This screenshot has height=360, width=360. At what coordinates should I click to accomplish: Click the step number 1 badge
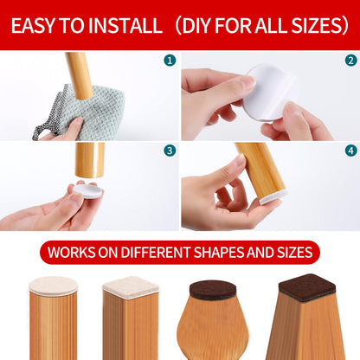[170, 61]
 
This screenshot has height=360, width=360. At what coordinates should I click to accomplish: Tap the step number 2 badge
[350, 61]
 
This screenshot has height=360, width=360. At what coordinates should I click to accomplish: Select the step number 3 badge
[170, 151]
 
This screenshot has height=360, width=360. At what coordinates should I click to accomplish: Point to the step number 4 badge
[350, 151]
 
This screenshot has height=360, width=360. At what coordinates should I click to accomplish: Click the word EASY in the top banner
[33, 25]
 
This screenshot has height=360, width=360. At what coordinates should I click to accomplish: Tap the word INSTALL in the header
[125, 25]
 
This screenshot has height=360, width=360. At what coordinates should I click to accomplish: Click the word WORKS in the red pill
[72, 252]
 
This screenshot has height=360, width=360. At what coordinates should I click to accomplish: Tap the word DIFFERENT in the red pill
[156, 252]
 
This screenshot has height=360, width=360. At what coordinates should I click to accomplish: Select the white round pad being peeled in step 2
[270, 93]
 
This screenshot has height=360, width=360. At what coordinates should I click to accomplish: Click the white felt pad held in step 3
[88, 191]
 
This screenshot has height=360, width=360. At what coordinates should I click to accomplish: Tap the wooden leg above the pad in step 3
[90, 159]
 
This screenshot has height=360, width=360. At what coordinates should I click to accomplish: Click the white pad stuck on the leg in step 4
[273, 197]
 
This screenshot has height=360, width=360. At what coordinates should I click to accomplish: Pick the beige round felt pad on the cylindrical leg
[54, 286]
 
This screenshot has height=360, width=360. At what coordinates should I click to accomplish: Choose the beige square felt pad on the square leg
[131, 287]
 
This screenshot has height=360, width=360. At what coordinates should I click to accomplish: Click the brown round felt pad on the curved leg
[213, 290]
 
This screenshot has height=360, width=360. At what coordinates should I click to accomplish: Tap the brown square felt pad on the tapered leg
[307, 287]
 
